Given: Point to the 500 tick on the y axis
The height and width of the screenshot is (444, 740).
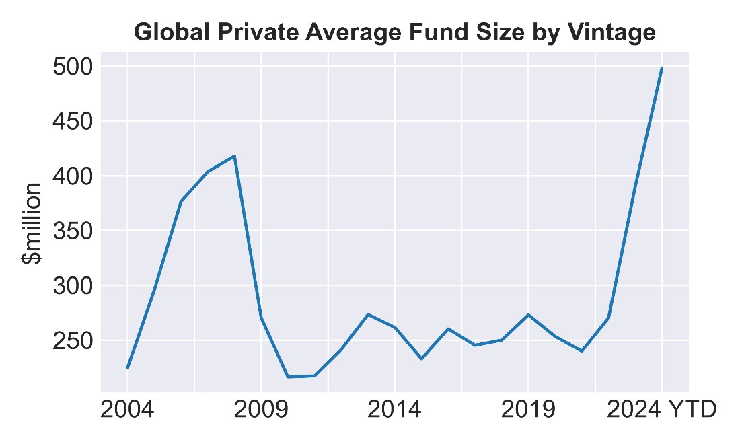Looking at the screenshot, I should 72,67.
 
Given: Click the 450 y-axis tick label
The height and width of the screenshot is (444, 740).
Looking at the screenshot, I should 72,122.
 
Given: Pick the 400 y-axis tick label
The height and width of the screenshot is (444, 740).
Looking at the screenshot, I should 72,176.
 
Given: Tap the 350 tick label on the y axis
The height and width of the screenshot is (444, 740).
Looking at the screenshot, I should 72,231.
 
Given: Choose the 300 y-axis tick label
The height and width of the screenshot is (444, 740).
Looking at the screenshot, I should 72,286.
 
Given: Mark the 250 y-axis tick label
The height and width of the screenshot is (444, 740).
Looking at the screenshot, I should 72,341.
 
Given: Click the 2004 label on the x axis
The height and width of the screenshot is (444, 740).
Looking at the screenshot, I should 127,410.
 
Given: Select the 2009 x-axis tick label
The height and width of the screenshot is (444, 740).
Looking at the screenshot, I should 261,410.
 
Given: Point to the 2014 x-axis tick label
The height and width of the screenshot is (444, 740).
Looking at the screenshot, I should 394,410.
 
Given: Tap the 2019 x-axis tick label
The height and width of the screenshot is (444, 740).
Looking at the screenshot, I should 528,410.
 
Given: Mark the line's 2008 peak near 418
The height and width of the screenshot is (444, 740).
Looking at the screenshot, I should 234,156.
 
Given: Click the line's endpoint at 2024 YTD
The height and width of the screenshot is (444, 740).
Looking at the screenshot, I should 662,67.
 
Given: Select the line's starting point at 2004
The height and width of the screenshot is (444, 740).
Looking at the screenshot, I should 127,368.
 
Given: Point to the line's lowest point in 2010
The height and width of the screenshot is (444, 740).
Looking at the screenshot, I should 287,377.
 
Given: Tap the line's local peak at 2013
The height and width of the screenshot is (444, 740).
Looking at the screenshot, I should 368,314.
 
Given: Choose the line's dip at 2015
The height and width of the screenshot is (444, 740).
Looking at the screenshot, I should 421,359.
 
